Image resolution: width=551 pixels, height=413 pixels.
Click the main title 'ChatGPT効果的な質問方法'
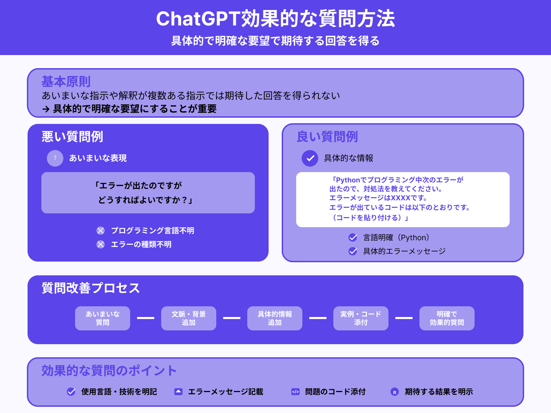275,19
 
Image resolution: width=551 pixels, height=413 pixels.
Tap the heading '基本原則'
66,82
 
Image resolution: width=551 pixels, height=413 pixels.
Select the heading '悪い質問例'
72,137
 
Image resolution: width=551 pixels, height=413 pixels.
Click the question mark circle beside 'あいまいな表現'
55,158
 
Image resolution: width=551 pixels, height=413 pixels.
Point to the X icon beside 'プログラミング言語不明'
101,231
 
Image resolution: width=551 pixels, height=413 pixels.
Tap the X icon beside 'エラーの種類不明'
101,244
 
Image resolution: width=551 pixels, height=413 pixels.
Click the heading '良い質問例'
327,137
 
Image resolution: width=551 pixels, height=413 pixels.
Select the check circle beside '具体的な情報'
310,158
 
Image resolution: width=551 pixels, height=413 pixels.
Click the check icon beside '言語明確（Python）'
353,237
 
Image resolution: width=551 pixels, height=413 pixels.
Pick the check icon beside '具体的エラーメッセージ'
353,251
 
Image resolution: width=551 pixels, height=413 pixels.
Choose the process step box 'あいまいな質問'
103,318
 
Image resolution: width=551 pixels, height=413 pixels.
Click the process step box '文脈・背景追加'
189,318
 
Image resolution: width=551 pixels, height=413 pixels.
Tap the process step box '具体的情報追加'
275,318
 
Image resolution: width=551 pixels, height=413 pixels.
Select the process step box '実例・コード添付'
361,318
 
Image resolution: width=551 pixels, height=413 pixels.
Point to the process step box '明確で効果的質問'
447,318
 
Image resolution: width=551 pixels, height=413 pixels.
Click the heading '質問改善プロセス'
91,288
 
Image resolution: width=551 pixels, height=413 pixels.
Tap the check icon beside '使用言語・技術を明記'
71,392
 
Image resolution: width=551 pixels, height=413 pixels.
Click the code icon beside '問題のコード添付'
295,392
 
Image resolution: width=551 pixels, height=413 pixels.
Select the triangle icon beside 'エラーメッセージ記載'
178,392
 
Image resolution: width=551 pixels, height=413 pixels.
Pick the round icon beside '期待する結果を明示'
395,392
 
